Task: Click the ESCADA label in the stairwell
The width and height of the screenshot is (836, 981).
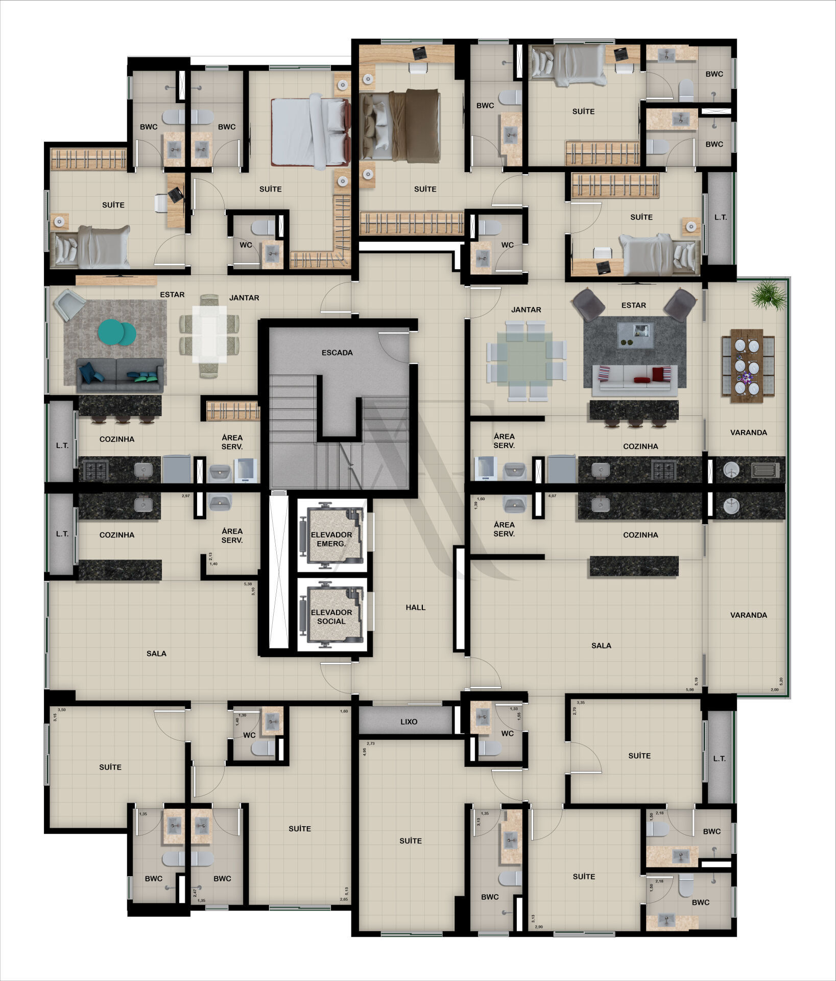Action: point(337,353)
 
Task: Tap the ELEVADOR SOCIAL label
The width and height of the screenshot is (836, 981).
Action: point(331,617)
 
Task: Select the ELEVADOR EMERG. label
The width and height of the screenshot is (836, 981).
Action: point(331,539)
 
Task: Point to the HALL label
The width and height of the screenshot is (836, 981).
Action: point(416,608)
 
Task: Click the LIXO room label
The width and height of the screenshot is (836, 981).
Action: point(409,722)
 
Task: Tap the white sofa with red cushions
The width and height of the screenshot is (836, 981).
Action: point(635,380)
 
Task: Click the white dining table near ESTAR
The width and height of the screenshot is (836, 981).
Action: point(209,334)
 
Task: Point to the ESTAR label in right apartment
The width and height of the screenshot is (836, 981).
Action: point(634,306)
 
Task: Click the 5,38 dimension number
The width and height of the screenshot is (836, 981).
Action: point(248,583)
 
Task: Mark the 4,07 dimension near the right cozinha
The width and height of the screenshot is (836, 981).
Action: point(552,496)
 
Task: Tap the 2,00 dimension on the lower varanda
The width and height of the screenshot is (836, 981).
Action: point(775,690)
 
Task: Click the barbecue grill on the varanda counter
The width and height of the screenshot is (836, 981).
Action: point(765,470)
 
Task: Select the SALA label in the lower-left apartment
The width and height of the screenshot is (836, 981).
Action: point(156,653)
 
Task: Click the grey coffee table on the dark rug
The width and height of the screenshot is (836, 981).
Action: point(635,335)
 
